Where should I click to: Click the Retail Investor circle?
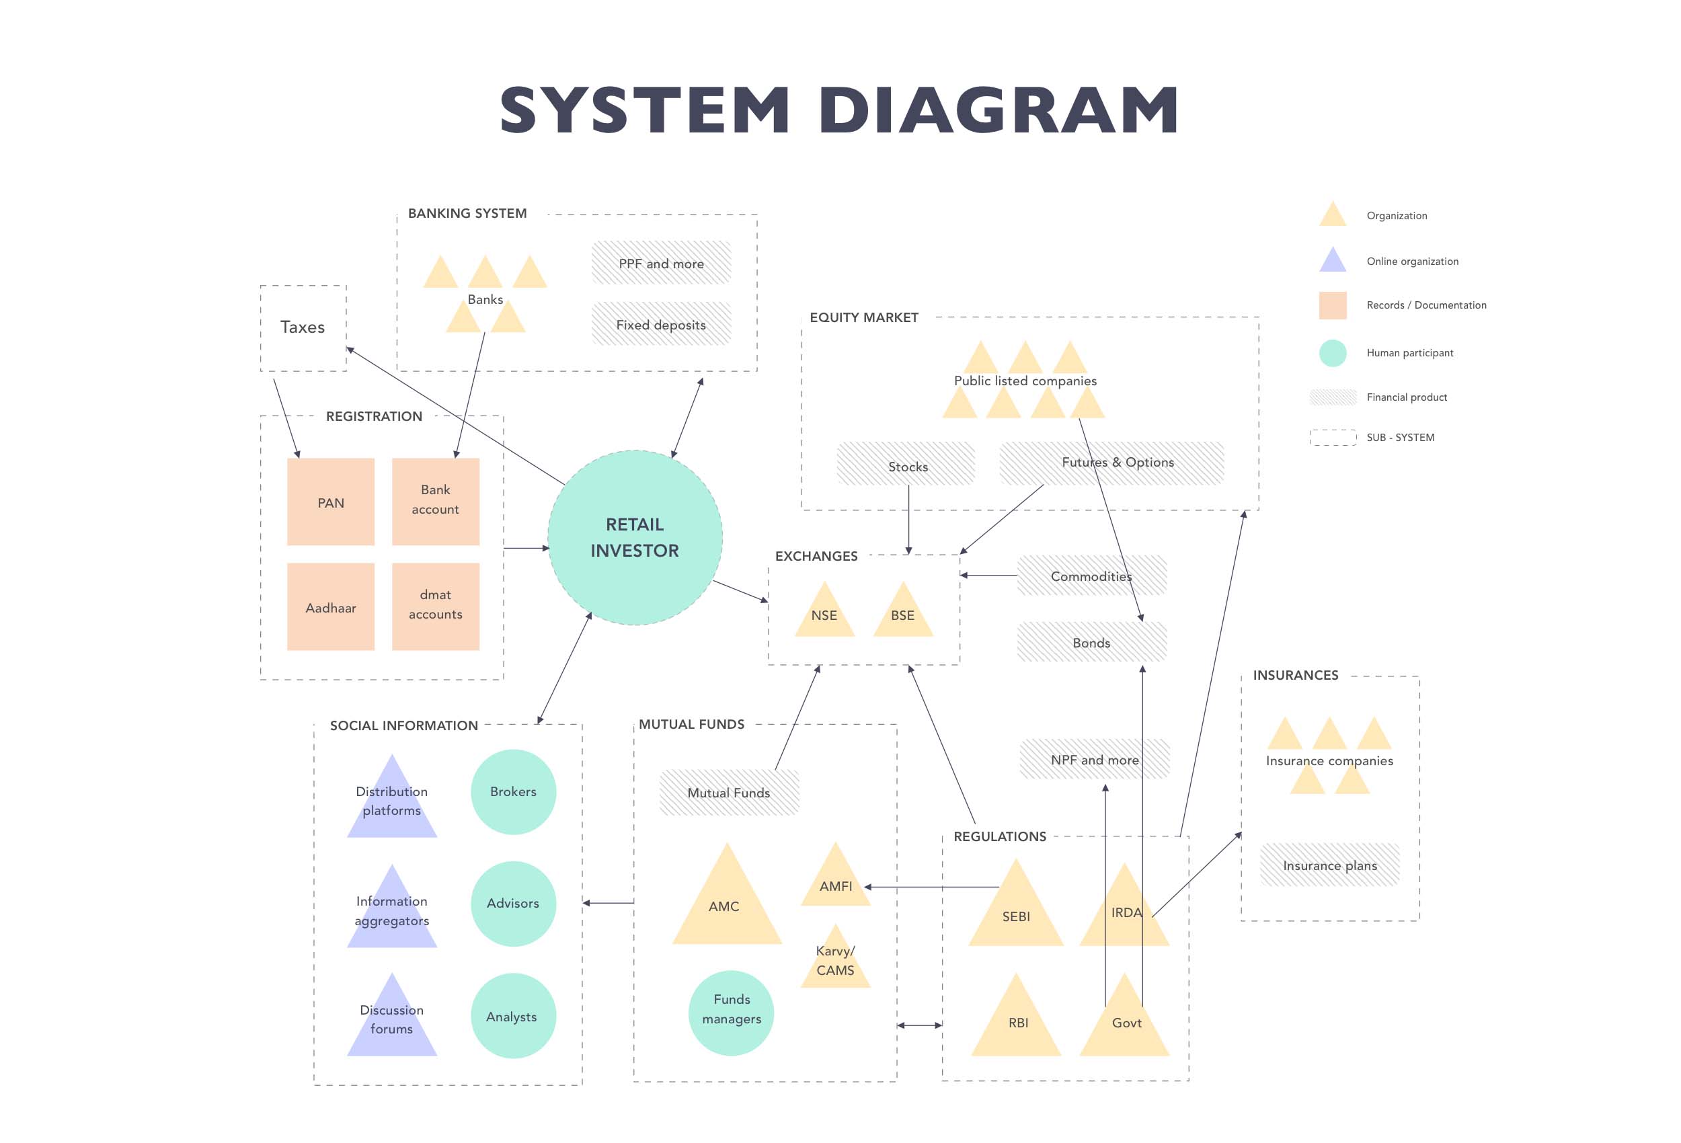coord(634,537)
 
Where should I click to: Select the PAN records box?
coord(331,502)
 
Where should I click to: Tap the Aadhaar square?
coord(331,607)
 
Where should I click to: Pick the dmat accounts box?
coord(436,607)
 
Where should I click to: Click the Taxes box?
coord(303,327)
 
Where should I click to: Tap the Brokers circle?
coord(513,792)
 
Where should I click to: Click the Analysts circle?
coord(513,1016)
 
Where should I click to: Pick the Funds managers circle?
coord(732,1013)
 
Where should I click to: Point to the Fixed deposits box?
coord(661,324)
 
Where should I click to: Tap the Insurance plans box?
coord(1329,865)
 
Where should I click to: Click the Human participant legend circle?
coord(1332,353)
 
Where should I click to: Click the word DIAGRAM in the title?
coord(999,110)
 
